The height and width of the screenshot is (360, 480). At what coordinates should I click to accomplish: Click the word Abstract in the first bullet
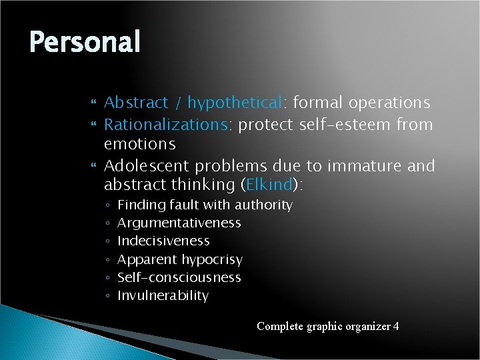point(136,103)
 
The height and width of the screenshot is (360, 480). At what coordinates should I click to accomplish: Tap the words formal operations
point(361,103)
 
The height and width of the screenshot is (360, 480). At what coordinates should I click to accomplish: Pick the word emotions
point(140,144)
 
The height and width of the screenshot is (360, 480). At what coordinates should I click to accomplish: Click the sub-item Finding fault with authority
point(205,205)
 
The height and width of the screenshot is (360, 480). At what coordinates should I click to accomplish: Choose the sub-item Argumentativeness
point(179,223)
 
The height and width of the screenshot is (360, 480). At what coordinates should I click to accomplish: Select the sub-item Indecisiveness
point(163,241)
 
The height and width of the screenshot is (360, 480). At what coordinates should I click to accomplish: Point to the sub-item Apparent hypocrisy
point(180,259)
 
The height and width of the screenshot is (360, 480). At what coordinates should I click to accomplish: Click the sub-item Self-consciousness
point(179,277)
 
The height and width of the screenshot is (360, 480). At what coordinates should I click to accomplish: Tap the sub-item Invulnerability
point(163,295)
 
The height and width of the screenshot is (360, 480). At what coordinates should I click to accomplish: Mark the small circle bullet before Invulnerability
point(108,296)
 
